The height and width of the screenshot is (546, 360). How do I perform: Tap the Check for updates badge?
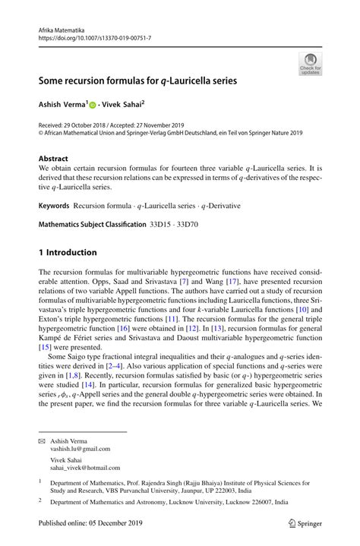[309, 65]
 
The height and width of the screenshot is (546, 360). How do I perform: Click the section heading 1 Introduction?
[68, 252]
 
